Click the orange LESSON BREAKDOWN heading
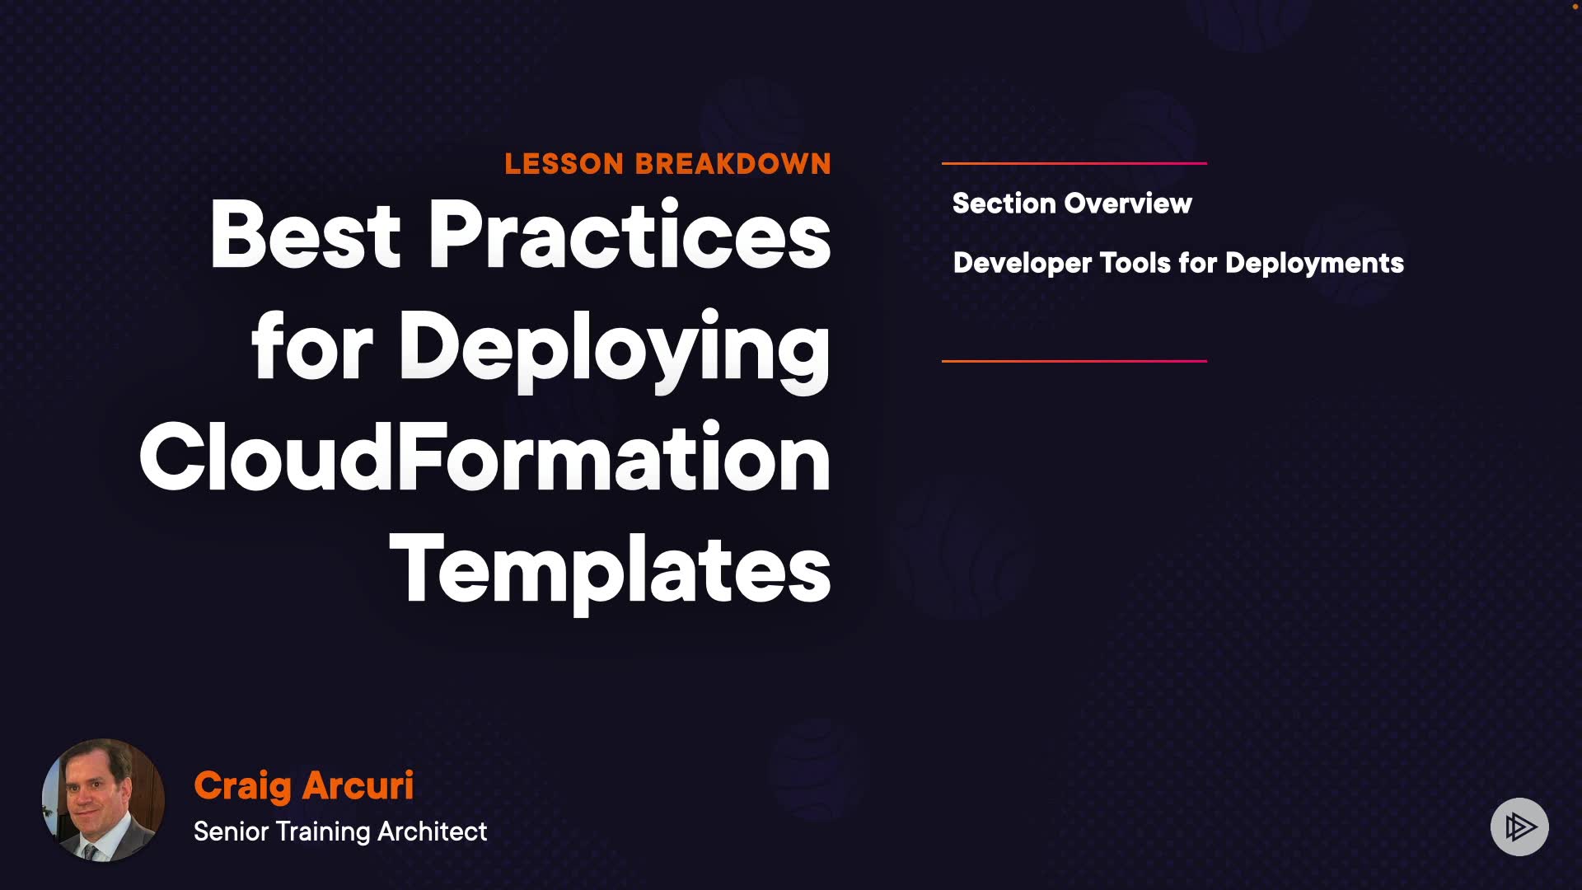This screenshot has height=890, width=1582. [x=667, y=164]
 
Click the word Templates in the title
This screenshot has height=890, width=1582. [x=611, y=570]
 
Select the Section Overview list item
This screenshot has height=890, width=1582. [x=1072, y=204]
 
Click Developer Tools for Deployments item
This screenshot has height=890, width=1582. [x=1178, y=264]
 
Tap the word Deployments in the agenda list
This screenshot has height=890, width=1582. [x=1314, y=264]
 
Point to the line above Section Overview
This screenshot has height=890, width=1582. [x=1074, y=163]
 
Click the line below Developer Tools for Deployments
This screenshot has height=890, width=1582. [x=1074, y=361]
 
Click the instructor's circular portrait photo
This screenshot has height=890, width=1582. [x=103, y=800]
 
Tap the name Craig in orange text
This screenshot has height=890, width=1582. [x=243, y=786]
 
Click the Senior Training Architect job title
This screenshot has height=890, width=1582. [x=340, y=831]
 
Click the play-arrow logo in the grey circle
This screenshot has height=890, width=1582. [x=1520, y=827]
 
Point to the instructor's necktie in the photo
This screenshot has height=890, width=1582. [x=91, y=850]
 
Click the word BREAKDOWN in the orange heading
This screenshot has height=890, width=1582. [x=732, y=164]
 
